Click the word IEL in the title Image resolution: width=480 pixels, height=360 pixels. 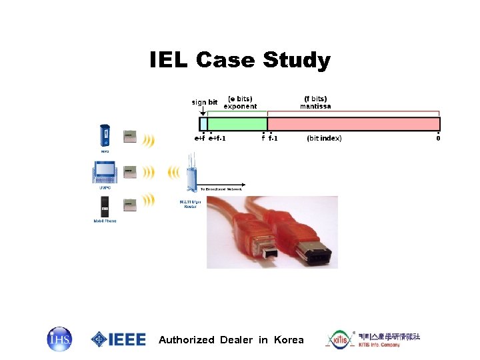pyautogui.click(x=170, y=61)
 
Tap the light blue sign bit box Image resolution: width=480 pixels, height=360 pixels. pyautogui.click(x=203, y=124)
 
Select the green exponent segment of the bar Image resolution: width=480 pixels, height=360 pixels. pyautogui.click(x=237, y=124)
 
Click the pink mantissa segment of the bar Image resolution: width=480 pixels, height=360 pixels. pyautogui.click(x=353, y=124)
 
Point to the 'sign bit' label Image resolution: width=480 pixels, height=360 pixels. pyautogui.click(x=205, y=102)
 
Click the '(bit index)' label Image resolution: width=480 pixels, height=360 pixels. pyautogui.click(x=324, y=138)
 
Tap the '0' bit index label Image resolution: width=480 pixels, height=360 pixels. pyautogui.click(x=438, y=139)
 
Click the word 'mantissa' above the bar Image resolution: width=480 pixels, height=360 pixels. pyautogui.click(x=315, y=107)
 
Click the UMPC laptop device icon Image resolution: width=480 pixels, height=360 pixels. pyautogui.click(x=104, y=173)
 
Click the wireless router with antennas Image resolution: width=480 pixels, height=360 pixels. pyautogui.click(x=191, y=177)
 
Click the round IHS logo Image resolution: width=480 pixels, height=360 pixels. pyautogui.click(x=59, y=339)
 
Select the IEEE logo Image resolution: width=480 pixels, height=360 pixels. pyautogui.click(x=118, y=339)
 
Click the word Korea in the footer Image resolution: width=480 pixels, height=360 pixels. pyautogui.click(x=289, y=340)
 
